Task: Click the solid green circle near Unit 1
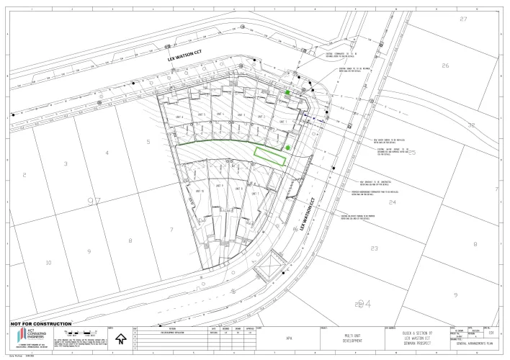point(287,148)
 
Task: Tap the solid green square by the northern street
point(287,93)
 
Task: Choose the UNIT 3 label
point(241,115)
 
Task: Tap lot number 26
point(445,66)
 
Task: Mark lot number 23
point(374,248)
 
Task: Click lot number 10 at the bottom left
point(48,263)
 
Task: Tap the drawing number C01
point(491,333)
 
